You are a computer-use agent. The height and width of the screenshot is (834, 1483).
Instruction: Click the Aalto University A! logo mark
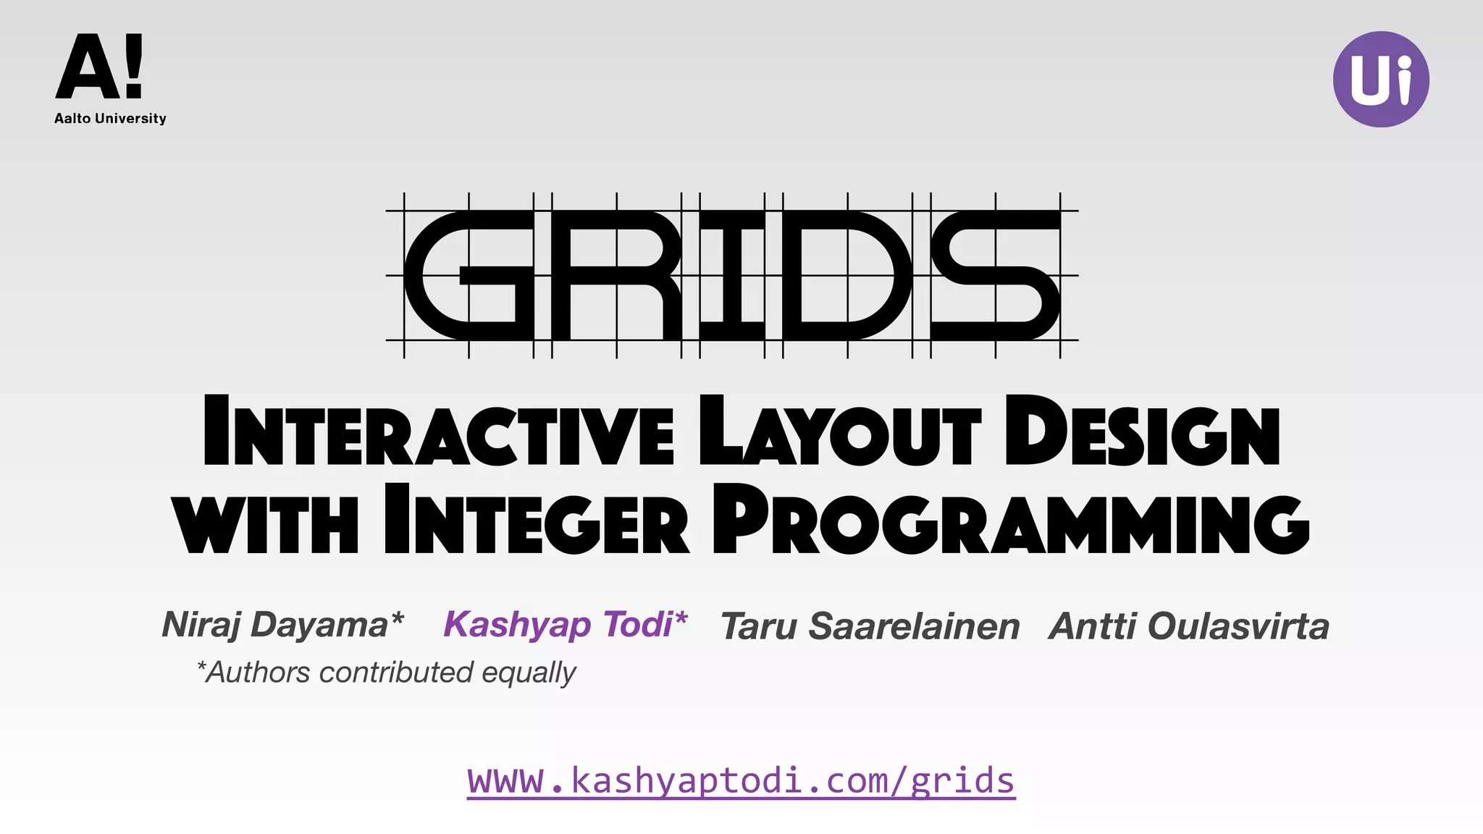coord(100,67)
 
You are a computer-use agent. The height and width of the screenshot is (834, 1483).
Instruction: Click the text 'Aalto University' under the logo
coord(110,119)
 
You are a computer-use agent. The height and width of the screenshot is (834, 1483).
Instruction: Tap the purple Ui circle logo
coord(1381,80)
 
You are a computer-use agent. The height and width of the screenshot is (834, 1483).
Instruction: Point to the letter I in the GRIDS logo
coord(732,276)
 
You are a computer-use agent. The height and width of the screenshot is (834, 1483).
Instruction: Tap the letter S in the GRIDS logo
coord(996,276)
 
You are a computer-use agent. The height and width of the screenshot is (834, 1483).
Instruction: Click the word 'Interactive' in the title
coord(439,431)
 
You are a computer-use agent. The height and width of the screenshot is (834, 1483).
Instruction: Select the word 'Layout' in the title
coord(840,431)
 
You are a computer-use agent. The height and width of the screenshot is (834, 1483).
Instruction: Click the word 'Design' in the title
coord(1143,431)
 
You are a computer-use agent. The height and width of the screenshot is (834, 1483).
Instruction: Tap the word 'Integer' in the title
coord(537,520)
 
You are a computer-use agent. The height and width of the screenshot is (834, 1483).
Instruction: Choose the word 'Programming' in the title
coord(1011,520)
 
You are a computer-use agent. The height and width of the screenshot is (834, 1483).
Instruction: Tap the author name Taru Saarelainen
coord(870,626)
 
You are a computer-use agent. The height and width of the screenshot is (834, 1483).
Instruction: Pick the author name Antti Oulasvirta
coord(1189,626)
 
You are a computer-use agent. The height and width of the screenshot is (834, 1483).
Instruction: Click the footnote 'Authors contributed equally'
coord(387,673)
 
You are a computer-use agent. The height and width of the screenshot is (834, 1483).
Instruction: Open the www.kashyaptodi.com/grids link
coord(741,780)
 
